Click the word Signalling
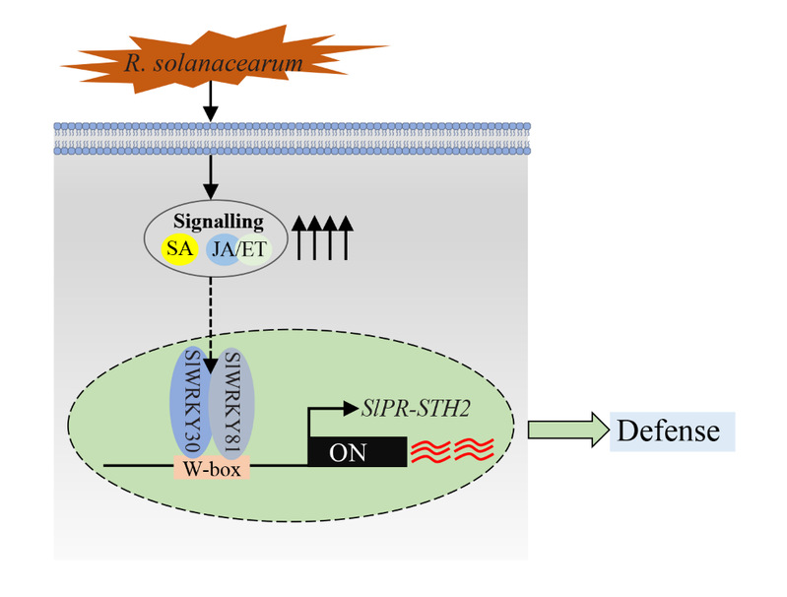[x=214, y=223]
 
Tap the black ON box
[x=356, y=453]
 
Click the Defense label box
[x=671, y=431]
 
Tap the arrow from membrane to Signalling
[x=209, y=178]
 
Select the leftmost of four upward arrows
[x=301, y=240]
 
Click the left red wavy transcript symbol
[x=432, y=452]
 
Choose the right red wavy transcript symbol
[x=476, y=452]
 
